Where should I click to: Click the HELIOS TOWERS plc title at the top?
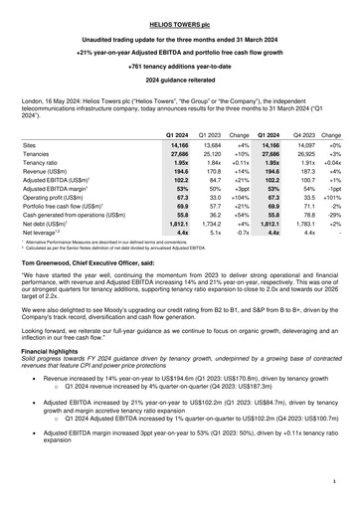pyautogui.click(x=180, y=10)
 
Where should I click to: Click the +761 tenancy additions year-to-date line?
pyautogui.click(x=180, y=62)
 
